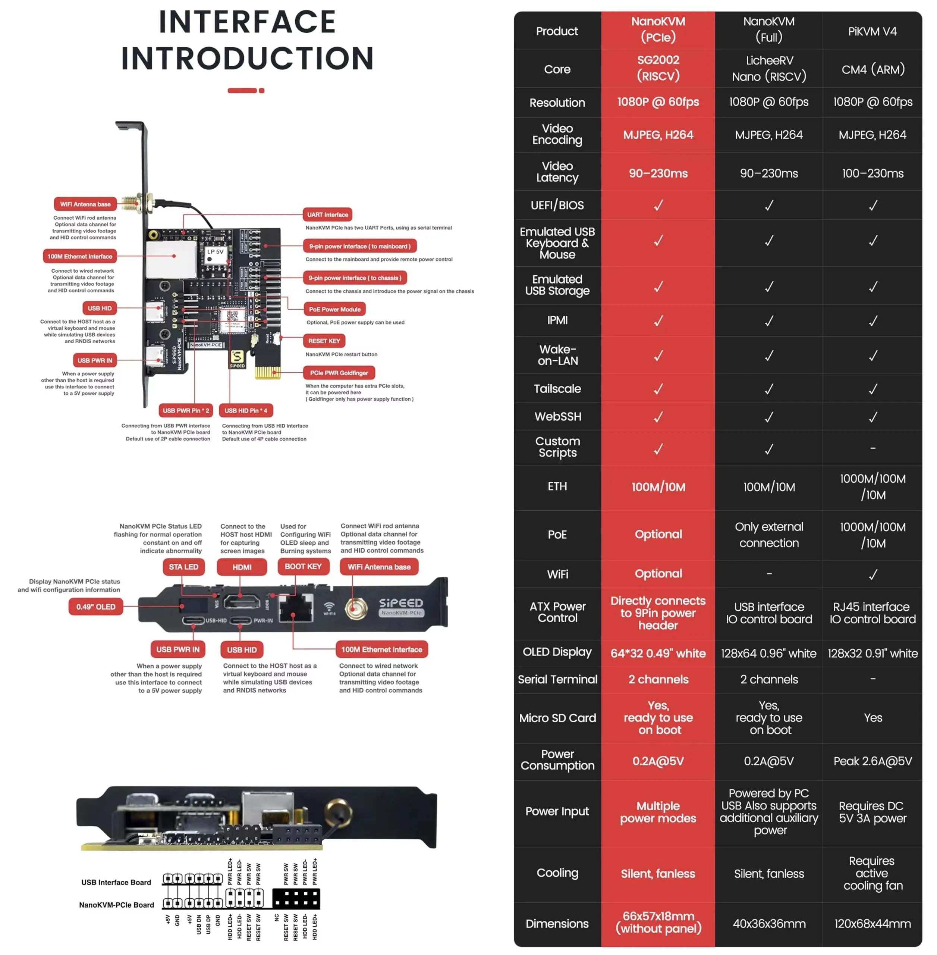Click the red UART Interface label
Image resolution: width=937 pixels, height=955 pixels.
point(327,215)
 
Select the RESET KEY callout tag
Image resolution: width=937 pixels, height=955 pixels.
point(324,341)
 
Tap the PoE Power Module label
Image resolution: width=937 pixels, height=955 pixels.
point(335,309)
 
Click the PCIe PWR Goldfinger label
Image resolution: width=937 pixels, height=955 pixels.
point(339,373)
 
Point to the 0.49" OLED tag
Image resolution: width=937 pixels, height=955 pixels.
point(95,607)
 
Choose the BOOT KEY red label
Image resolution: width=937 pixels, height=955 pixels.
point(303,567)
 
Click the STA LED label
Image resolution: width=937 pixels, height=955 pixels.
point(183,567)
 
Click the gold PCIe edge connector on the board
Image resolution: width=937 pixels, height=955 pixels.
point(267,372)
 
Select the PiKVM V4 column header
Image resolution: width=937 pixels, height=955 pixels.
point(872,31)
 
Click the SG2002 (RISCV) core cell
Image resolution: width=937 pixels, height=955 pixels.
point(658,68)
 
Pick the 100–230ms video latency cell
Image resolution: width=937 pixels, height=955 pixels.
point(872,173)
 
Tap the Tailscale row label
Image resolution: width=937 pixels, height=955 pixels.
point(557,389)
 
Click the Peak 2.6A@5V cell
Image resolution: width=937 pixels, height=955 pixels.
point(872,761)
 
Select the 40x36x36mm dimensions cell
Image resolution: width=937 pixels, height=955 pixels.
point(769,924)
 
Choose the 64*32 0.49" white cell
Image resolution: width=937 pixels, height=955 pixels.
point(658,653)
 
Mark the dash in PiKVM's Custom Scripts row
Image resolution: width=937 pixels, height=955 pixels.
point(872,448)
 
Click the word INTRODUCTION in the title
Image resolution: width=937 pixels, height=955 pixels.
point(247,59)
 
